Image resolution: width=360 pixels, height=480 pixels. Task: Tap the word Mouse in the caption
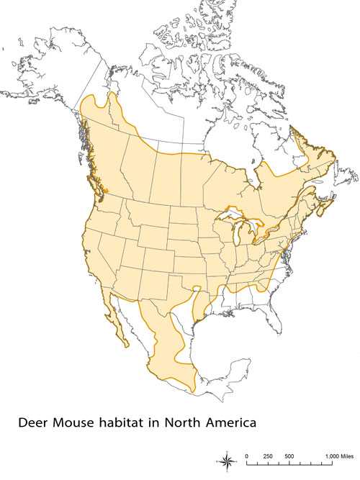click(x=76, y=423)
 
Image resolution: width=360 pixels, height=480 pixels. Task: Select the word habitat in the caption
click(x=127, y=423)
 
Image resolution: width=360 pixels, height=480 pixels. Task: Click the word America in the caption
click(x=232, y=423)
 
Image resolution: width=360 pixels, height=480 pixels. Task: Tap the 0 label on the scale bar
click(x=247, y=456)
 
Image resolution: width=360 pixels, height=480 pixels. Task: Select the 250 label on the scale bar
click(x=268, y=456)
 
